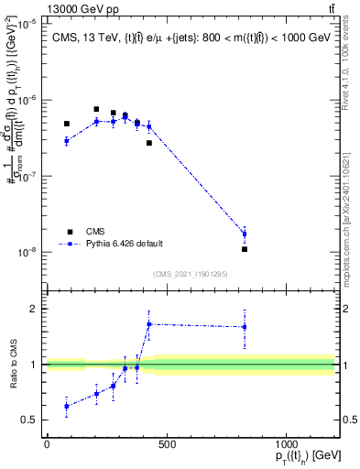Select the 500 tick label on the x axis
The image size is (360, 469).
coord(167,443)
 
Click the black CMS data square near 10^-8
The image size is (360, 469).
coord(245,249)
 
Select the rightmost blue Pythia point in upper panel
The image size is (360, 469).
coord(245,234)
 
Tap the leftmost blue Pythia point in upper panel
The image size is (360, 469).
coord(67,141)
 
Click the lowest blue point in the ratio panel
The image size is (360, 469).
coord(67,406)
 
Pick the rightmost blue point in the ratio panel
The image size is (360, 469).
coord(245,327)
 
